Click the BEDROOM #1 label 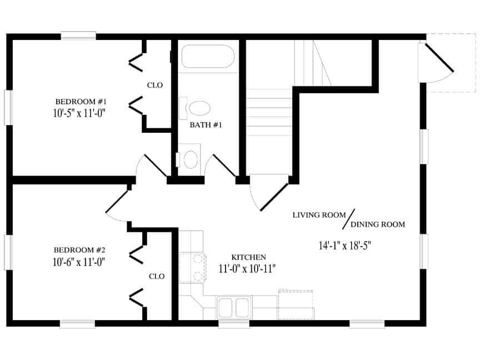pyautogui.click(x=81, y=102)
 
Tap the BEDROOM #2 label pyautogui.click(x=79, y=250)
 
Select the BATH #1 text pyautogui.click(x=206, y=125)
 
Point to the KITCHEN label pyautogui.click(x=248, y=257)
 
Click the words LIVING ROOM pyautogui.click(x=319, y=214)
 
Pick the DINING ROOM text pyautogui.click(x=377, y=224)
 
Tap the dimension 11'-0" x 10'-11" pyautogui.click(x=248, y=268)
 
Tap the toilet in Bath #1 pyautogui.click(x=199, y=107)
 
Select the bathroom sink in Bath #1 pyautogui.click(x=190, y=159)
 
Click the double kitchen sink pyautogui.click(x=233, y=306)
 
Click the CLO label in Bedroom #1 pyautogui.click(x=154, y=85)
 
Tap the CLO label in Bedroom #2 pyautogui.click(x=156, y=276)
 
